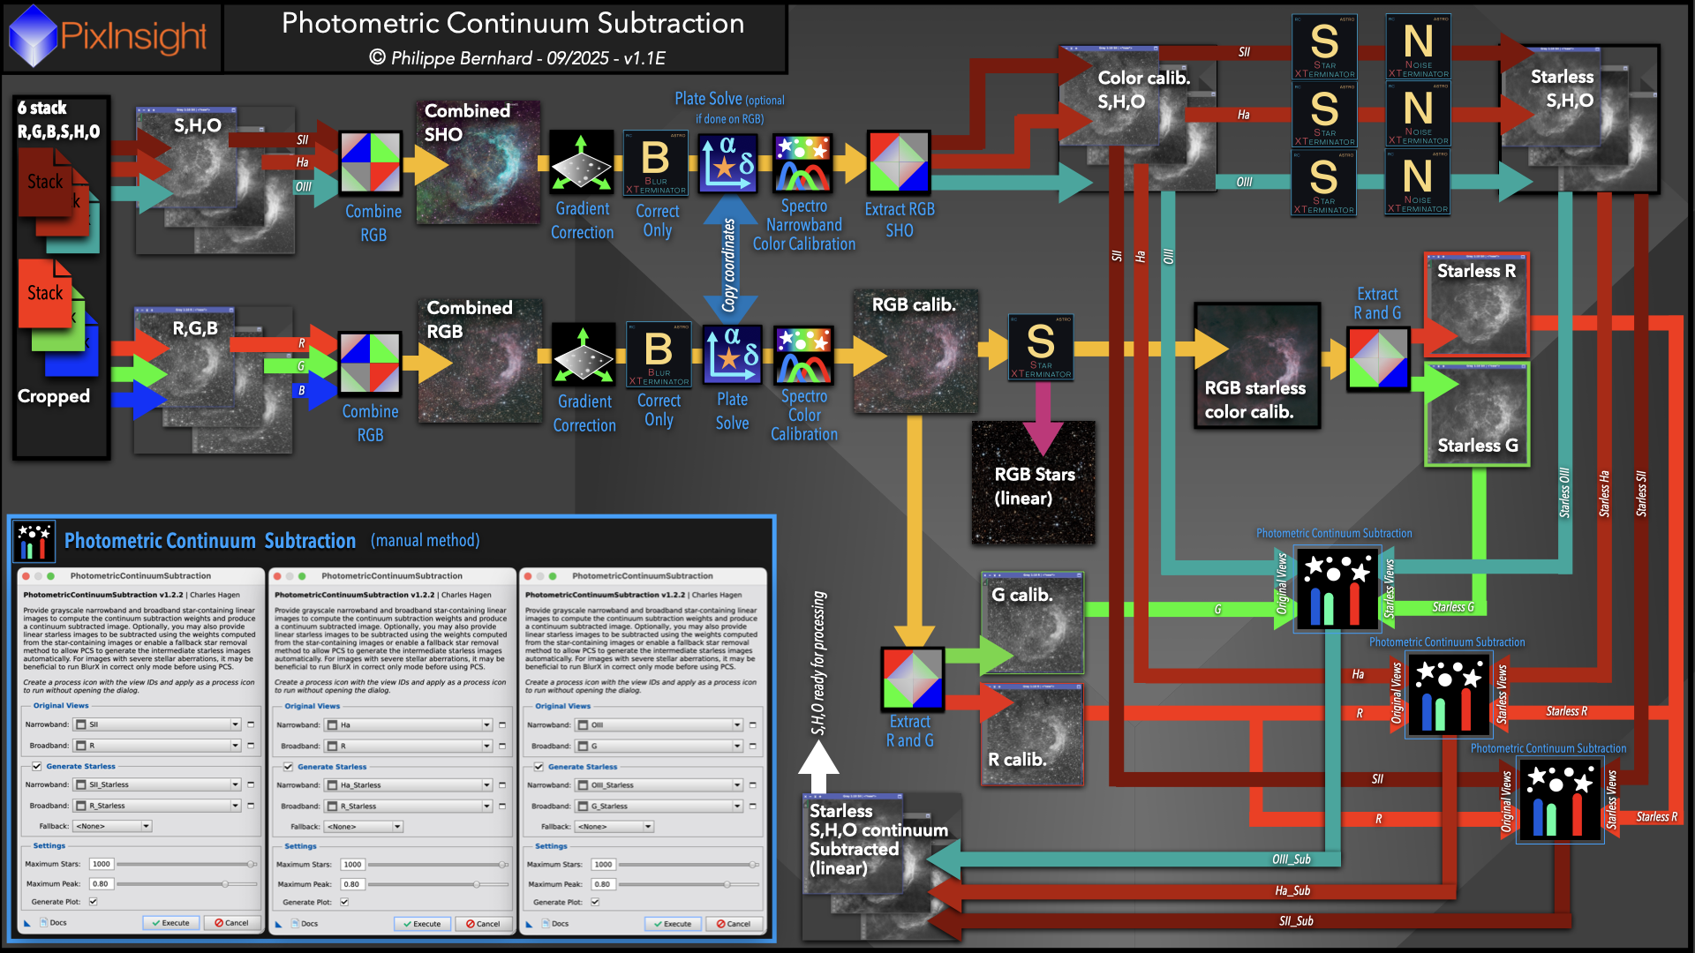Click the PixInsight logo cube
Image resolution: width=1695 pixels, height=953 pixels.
(x=33, y=36)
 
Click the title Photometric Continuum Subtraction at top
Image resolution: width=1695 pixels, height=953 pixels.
(x=512, y=24)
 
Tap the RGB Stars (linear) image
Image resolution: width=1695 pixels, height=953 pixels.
(x=1034, y=484)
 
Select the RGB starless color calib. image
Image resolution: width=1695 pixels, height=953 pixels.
(x=1257, y=366)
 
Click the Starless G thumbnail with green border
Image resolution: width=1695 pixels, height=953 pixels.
(x=1477, y=414)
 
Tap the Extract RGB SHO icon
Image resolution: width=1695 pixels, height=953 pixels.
(x=899, y=162)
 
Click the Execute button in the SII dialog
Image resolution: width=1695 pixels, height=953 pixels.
(x=171, y=923)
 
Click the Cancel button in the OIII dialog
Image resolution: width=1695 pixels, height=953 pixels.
(x=734, y=924)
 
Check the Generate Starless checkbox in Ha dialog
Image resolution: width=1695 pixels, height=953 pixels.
(x=289, y=767)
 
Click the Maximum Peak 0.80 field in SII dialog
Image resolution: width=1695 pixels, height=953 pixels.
(x=101, y=883)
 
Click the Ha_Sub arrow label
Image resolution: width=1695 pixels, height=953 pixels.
(x=1292, y=891)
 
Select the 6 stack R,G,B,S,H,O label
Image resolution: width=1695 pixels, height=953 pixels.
(x=58, y=120)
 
